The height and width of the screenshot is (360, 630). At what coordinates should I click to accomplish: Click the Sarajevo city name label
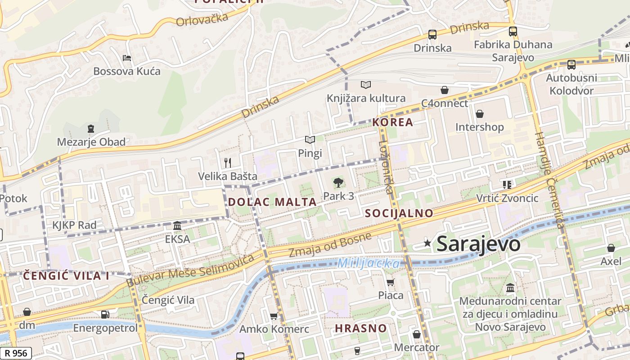tap(478, 244)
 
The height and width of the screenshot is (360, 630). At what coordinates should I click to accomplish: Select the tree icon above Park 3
tap(338, 182)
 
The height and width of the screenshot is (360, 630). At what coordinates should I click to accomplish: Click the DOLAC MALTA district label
tap(272, 202)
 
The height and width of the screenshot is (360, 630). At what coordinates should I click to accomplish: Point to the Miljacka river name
tap(368, 263)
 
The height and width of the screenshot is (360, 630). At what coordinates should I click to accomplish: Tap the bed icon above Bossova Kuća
tap(127, 58)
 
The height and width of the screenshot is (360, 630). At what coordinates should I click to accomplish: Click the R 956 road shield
tap(16, 353)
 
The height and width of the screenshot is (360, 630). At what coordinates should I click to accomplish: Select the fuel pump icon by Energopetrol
tap(105, 314)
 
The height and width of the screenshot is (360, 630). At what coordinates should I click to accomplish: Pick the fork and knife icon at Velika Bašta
tap(228, 162)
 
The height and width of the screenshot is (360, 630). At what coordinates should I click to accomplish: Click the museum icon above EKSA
tap(177, 225)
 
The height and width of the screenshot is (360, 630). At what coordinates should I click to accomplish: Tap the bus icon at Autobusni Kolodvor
tap(571, 64)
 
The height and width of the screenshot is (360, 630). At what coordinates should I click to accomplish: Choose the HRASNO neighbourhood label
tap(360, 328)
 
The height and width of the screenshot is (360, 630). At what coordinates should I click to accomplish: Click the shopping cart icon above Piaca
tap(390, 282)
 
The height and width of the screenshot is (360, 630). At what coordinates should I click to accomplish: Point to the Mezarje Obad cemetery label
tap(91, 142)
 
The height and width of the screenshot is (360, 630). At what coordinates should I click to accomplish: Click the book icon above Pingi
tap(310, 139)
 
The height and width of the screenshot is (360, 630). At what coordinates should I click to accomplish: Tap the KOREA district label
tap(392, 122)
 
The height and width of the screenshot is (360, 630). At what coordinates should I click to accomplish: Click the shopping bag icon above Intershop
tap(480, 114)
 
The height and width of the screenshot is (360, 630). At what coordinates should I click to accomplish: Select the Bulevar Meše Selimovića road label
tap(191, 270)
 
